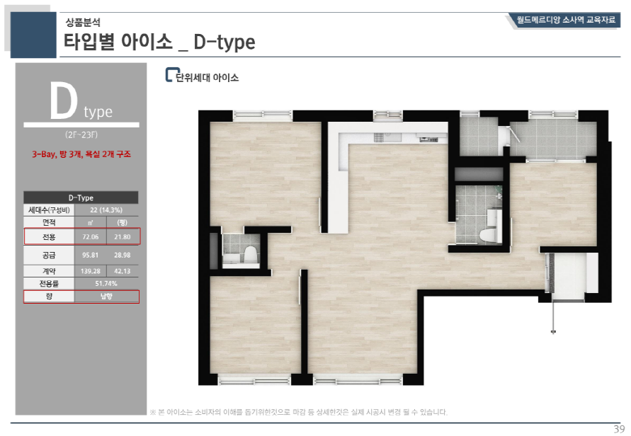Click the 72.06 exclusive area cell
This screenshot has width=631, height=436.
coord(91,237)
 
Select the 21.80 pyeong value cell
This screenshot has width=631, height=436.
coord(123,237)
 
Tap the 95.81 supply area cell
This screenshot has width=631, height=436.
coord(91,255)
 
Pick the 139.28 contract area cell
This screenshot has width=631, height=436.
coord(91,271)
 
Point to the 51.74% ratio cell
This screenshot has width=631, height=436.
coord(106,284)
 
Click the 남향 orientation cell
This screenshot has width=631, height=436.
coord(106,297)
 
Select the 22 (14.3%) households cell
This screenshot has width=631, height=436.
coord(106,210)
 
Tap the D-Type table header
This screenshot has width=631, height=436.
coord(81,197)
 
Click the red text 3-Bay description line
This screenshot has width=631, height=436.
coord(81,154)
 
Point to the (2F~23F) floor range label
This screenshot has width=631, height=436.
coord(81,134)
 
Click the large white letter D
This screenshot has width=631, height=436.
coord(63,101)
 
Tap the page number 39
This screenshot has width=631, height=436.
coord(619,429)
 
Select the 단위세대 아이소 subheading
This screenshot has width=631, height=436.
coord(208,77)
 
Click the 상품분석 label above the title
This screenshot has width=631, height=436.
coord(83,22)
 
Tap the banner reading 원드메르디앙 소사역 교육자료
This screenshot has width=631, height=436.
coord(565,20)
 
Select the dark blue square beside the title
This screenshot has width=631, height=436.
coord(33,35)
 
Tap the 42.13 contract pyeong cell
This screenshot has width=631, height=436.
coord(123,271)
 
